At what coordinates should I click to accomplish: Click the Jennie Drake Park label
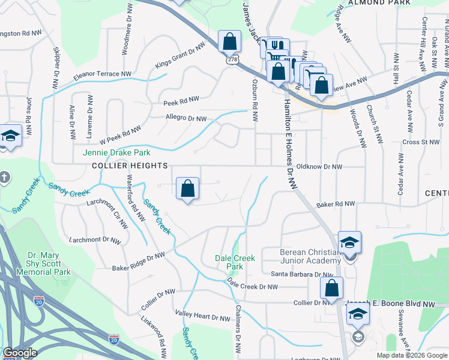pyautogui.click(x=108, y=153)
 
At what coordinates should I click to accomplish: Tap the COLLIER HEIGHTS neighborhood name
pyautogui.click(x=119, y=165)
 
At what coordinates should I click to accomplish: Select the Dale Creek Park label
pyautogui.click(x=235, y=262)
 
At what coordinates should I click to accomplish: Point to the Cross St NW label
pyautogui.click(x=421, y=142)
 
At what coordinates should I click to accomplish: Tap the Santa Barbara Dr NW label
pyautogui.click(x=301, y=274)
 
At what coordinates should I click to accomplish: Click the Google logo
pyautogui.click(x=20, y=353)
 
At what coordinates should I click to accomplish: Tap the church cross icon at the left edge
pyautogui.click(x=4, y=178)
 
